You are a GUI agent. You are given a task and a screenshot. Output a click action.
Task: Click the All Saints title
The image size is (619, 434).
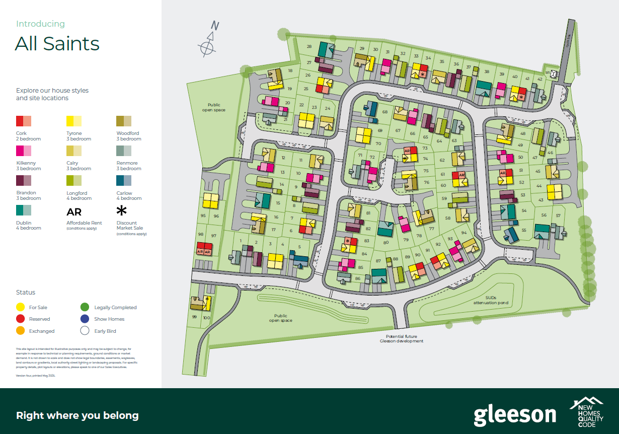click(x=57, y=44)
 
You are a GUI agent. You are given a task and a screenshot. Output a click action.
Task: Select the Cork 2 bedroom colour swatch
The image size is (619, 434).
click(x=24, y=121)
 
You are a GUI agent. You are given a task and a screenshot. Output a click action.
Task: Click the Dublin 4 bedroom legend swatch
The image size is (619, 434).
click(x=24, y=210)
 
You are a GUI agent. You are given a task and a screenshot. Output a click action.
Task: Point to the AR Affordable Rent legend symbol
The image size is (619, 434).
click(x=74, y=212)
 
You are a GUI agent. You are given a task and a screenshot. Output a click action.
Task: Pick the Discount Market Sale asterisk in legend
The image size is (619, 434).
click(x=122, y=210)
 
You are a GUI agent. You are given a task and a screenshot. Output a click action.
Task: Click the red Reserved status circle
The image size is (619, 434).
click(x=21, y=319)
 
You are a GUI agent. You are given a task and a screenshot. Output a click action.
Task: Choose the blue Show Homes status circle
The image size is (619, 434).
click(x=85, y=319)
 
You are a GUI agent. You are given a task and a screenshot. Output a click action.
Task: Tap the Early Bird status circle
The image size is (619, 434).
click(x=85, y=331)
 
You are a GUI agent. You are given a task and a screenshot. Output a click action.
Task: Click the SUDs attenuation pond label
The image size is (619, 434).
click(x=490, y=301)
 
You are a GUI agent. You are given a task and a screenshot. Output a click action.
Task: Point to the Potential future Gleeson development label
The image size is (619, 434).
click(x=402, y=339)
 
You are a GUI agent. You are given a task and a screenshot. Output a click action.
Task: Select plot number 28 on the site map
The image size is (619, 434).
click(x=309, y=47)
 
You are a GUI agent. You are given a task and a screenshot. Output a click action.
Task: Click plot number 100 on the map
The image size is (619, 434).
click(x=206, y=317)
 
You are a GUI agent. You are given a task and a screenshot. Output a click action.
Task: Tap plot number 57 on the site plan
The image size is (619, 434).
click(x=558, y=215)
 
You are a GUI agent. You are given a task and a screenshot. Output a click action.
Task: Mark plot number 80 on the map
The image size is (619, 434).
click(x=385, y=242)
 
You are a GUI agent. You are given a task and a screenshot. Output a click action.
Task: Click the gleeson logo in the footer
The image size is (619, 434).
click(x=514, y=415)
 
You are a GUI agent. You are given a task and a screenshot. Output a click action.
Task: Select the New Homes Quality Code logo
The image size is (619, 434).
click(x=586, y=412)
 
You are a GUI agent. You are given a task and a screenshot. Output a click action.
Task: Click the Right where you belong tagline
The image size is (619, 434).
click(x=77, y=415)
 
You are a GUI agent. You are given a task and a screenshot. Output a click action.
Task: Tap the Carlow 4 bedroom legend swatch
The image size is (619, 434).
click(x=124, y=180)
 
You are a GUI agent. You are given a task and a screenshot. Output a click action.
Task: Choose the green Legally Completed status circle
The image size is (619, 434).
click(x=85, y=307)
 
